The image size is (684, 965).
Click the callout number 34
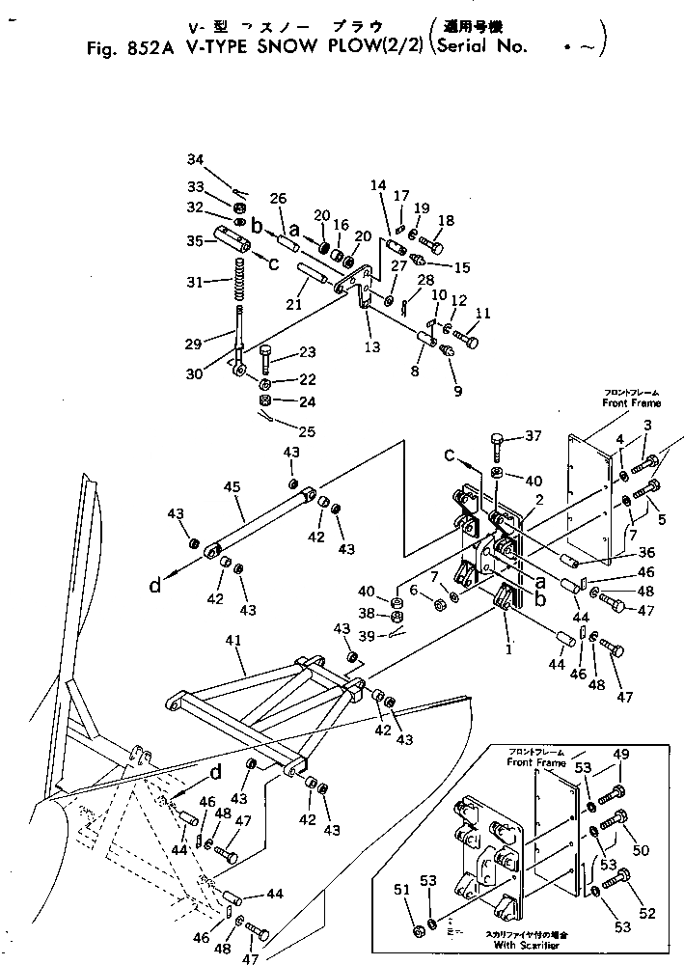195,159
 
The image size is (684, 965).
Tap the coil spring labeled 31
236,281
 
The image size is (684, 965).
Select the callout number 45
231,488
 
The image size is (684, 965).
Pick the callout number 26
278,200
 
